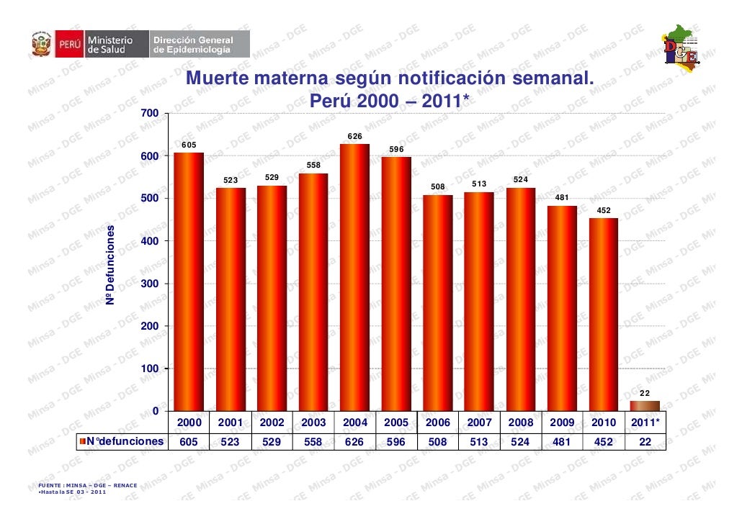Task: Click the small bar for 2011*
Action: point(645,406)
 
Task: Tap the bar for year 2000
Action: point(189,281)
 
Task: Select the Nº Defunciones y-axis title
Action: point(110,263)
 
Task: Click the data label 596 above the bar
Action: point(396,149)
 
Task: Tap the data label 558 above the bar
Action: point(313,165)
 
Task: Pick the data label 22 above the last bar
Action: point(645,392)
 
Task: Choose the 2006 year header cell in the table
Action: point(437,423)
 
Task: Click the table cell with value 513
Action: point(479,442)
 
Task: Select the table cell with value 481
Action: point(562,442)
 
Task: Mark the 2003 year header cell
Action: point(313,423)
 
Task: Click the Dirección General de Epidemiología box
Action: point(192,45)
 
